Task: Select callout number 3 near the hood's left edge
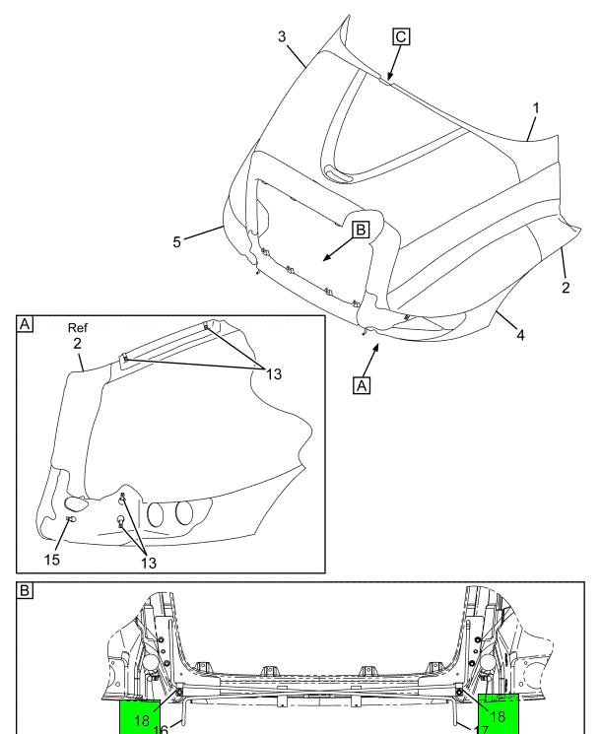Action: click(x=282, y=36)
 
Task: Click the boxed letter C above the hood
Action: click(x=401, y=37)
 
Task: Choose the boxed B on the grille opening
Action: click(x=360, y=230)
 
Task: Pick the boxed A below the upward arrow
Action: click(x=363, y=387)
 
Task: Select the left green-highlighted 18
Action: click(x=144, y=719)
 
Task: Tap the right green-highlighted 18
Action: click(x=497, y=716)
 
